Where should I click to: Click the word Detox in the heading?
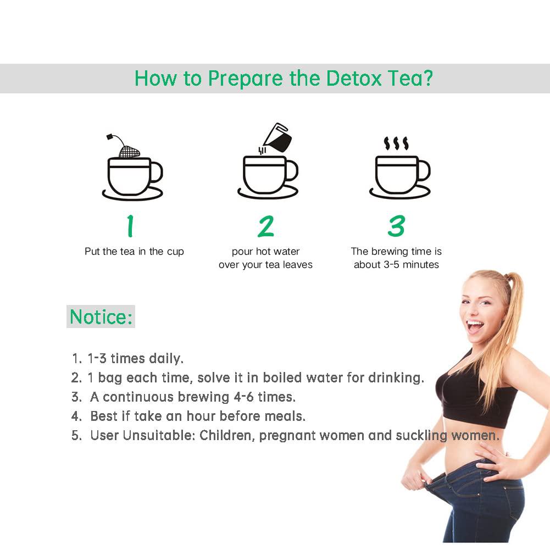click(x=353, y=78)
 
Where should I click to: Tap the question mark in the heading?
click(x=428, y=78)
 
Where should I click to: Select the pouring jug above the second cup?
click(x=277, y=138)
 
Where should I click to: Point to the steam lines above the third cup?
click(x=396, y=143)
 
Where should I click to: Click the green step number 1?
click(x=130, y=226)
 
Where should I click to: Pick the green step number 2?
click(x=266, y=226)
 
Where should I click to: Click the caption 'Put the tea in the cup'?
click(x=135, y=252)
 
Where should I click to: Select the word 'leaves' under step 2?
click(x=297, y=265)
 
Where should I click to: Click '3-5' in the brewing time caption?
click(x=391, y=264)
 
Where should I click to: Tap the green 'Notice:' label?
click(x=101, y=316)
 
